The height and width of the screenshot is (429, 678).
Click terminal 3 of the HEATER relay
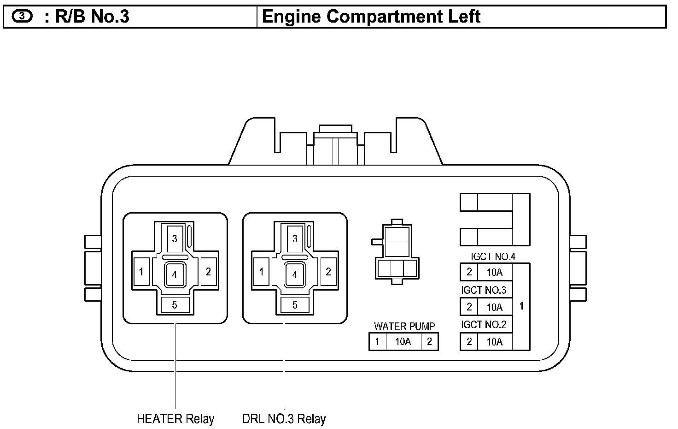[x=175, y=238]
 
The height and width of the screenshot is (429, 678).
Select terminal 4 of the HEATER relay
[x=175, y=274]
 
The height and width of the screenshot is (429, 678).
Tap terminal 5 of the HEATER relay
[x=175, y=305]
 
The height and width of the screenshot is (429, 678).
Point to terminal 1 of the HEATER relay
[x=141, y=272]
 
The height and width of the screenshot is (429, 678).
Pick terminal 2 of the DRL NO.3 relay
[x=328, y=272]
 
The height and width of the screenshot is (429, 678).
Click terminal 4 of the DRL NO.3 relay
[x=295, y=274]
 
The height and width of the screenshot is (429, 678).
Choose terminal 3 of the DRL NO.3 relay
[x=295, y=238]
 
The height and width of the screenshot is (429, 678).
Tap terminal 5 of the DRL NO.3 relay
[x=295, y=305]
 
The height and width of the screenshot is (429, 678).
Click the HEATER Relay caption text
[x=175, y=419]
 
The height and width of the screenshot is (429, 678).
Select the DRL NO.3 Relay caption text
[x=284, y=419]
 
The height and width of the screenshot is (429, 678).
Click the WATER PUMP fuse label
[x=404, y=326]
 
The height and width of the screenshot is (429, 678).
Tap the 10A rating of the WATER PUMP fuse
[x=403, y=342]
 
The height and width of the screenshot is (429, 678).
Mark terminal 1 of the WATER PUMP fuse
[x=377, y=342]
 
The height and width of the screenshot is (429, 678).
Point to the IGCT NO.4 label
[x=493, y=257]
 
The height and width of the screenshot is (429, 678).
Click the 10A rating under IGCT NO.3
[x=495, y=307]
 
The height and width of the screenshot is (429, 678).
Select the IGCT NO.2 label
[x=484, y=325]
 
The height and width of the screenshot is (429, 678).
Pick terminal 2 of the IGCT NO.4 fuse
[x=469, y=272]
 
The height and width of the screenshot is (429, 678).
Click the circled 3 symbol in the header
[x=22, y=16]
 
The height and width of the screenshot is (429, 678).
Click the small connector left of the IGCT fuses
[x=397, y=252]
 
